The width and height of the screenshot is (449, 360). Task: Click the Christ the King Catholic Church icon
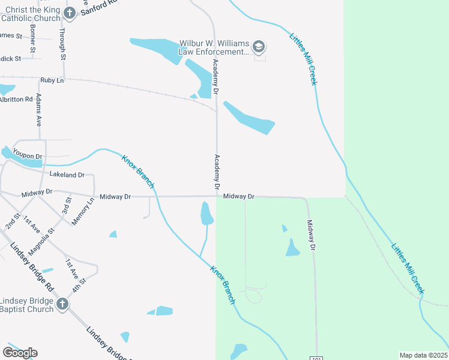point(70,13)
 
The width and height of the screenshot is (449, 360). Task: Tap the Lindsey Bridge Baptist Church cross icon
point(61,304)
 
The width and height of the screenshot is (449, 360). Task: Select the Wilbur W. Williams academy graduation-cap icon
point(259,47)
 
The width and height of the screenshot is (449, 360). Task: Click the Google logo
point(20,352)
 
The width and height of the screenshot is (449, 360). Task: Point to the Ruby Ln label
point(52,80)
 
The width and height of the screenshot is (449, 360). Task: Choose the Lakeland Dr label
point(67,175)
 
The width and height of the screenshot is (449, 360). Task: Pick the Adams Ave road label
point(39,109)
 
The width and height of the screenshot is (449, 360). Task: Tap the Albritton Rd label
point(16,99)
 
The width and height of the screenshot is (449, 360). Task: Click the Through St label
point(62,43)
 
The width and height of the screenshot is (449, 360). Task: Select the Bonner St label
point(32,38)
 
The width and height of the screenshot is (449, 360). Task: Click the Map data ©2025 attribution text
point(423,355)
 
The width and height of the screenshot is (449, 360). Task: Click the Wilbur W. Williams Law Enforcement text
point(214,47)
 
